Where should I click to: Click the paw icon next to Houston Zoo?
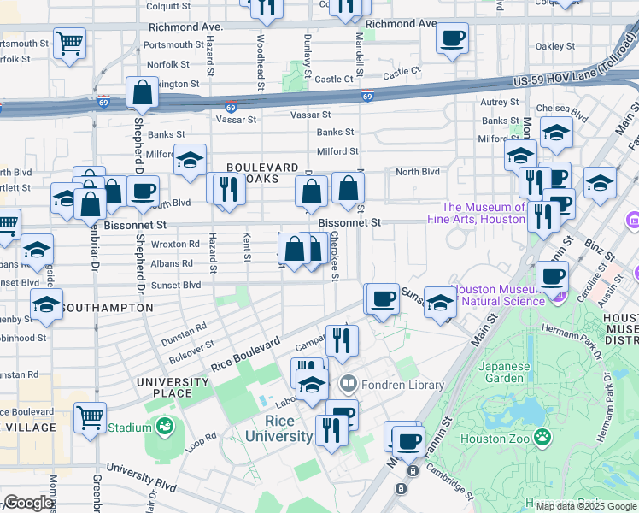click(542, 438)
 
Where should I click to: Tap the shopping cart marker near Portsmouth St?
click(69, 43)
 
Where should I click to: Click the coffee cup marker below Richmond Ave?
click(452, 38)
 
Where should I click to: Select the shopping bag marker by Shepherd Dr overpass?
click(142, 93)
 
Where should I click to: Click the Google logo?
click(28, 503)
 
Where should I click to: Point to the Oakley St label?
click(555, 46)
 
